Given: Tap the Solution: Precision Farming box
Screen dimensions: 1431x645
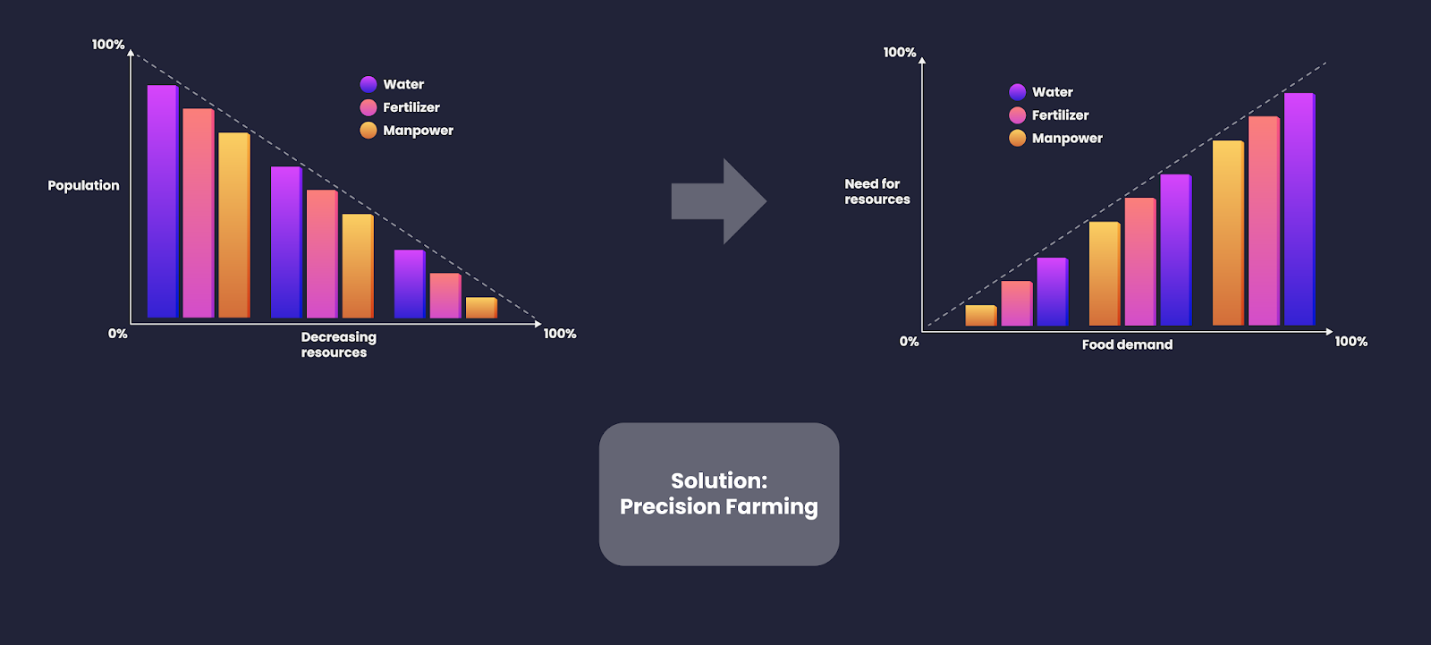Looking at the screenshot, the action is (x=719, y=494).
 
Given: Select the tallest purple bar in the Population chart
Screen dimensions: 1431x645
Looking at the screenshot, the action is (x=163, y=201).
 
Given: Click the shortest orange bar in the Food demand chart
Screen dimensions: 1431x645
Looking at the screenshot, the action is (x=981, y=315).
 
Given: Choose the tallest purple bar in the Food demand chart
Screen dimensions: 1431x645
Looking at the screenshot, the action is (x=1300, y=209).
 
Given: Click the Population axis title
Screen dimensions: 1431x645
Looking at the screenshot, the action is (x=84, y=185).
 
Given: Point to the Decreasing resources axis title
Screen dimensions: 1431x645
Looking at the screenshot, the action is (x=339, y=344).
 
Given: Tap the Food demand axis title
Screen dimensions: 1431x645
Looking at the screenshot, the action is (x=1127, y=344).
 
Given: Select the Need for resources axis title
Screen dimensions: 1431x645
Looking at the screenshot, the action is (x=877, y=191).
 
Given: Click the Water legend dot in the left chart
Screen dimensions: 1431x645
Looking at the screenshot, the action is (x=368, y=84).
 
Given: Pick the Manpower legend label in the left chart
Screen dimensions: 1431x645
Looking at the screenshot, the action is (x=418, y=131).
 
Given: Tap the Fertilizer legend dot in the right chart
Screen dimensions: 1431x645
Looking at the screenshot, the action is (x=1018, y=115).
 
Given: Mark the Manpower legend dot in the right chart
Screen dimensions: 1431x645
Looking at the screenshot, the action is (x=1018, y=138).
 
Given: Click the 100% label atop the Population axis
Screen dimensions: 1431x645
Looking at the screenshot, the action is (x=108, y=44).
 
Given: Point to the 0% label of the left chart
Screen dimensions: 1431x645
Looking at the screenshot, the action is (x=117, y=334).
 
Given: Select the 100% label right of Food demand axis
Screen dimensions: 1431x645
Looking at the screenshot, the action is (x=1351, y=342).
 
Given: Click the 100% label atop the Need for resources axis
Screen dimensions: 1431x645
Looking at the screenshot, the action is (x=900, y=53).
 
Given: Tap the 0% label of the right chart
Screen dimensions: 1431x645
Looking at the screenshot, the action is (x=909, y=342).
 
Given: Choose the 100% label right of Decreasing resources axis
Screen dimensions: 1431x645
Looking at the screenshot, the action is (x=560, y=334).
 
